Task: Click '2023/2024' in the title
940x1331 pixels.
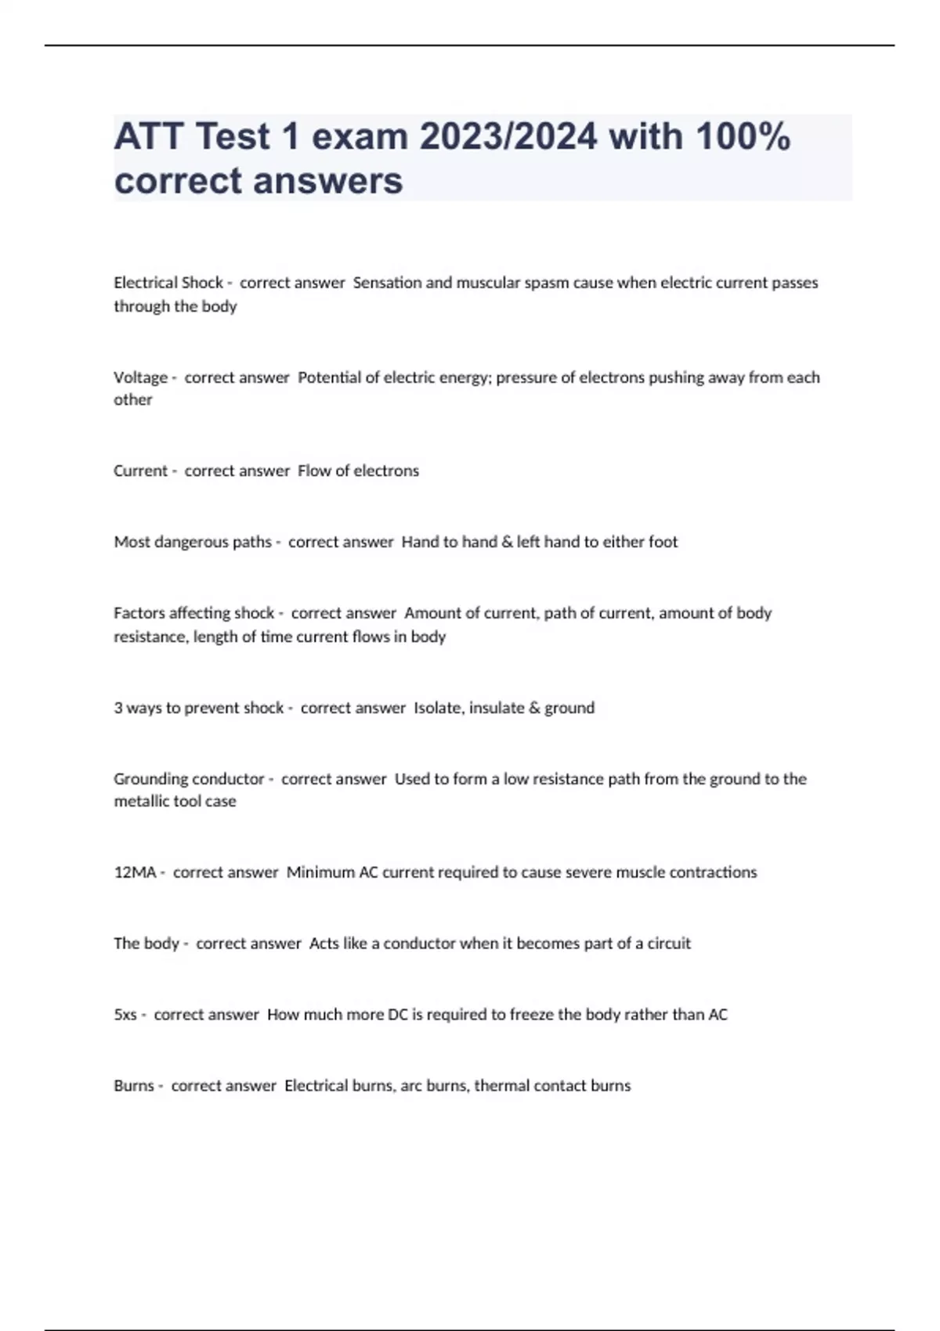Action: pos(508,136)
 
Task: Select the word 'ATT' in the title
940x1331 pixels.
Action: pos(148,136)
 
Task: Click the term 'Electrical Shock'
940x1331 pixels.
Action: pos(168,283)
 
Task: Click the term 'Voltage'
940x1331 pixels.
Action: pos(140,377)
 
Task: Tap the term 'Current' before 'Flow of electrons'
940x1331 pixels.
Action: pos(140,471)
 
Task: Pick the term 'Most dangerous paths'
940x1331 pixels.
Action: pos(192,542)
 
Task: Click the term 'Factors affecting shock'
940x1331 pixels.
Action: pos(193,613)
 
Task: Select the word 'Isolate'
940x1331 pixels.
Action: pos(439,708)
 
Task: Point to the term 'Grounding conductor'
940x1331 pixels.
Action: pos(189,779)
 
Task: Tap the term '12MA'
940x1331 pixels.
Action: pos(135,872)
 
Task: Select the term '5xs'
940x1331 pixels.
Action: pos(125,1015)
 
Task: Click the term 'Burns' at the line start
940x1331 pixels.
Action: pos(134,1086)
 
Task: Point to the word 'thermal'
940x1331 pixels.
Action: pos(499,1086)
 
